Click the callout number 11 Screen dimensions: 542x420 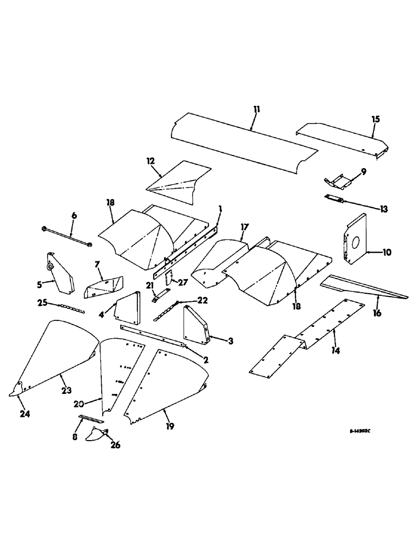pyautogui.click(x=255, y=109)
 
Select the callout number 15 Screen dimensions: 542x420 pyautogui.click(x=376, y=118)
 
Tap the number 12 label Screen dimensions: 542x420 pyautogui.click(x=150, y=161)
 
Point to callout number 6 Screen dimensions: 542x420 pyautogui.click(x=74, y=216)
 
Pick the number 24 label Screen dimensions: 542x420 pyautogui.click(x=25, y=414)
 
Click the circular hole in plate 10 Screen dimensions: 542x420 pyautogui.click(x=353, y=242)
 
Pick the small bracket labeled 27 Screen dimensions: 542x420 pyautogui.click(x=168, y=278)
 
